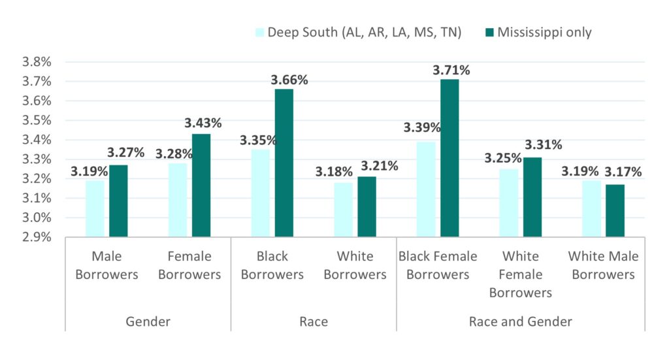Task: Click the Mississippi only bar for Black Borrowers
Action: pos(284,163)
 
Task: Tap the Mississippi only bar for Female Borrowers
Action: pos(201,186)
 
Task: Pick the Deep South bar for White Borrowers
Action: pos(343,210)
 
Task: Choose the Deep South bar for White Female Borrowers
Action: pos(509,203)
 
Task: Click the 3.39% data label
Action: pos(423,127)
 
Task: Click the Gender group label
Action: pos(148,321)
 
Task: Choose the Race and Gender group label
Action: pos(521,321)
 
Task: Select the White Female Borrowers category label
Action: pos(521,274)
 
